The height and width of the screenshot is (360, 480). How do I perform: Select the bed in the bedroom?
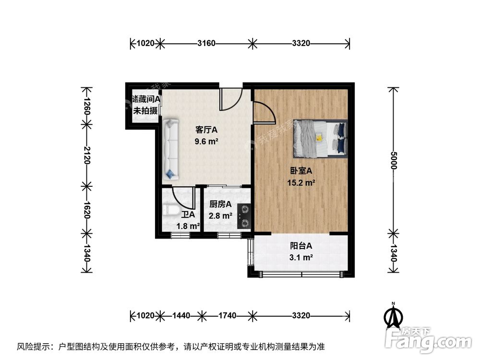(x=320, y=138)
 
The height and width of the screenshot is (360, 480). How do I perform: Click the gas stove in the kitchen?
(x=245, y=216)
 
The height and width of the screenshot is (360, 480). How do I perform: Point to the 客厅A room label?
(x=206, y=130)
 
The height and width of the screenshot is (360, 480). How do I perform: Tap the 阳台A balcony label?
(x=301, y=246)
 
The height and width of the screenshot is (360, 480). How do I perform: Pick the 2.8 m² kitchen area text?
(x=220, y=216)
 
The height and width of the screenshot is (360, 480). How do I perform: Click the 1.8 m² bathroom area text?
(x=188, y=226)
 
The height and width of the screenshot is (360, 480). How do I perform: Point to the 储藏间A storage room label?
(x=146, y=99)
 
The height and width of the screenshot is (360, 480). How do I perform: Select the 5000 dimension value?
(x=393, y=160)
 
